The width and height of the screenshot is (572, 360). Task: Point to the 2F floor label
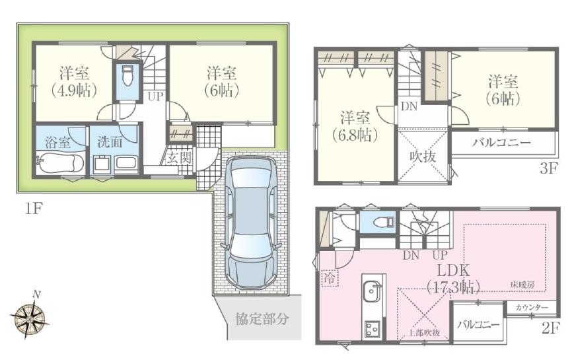coord(550,327)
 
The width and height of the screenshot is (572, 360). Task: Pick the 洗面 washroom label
coord(110,141)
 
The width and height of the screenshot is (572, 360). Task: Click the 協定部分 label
coord(262,319)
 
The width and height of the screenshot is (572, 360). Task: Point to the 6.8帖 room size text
coord(355,135)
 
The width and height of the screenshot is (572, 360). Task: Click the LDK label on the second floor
coord(453,271)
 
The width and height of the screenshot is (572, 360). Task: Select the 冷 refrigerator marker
coord(328,278)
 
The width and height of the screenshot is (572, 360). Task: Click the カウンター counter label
coord(532,308)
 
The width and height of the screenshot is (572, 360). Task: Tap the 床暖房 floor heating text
coord(522,284)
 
